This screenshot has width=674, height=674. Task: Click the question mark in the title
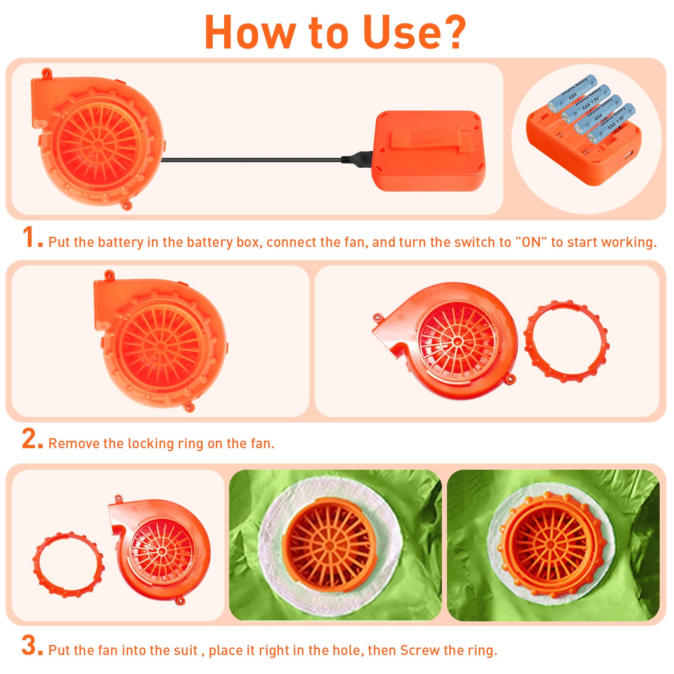point(451,32)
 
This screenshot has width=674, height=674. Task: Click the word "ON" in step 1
point(531,242)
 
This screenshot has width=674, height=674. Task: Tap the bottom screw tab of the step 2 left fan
point(190,407)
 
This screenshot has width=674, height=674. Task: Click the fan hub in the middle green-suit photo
point(330,546)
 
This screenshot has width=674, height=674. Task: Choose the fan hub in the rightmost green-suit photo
point(551,545)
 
